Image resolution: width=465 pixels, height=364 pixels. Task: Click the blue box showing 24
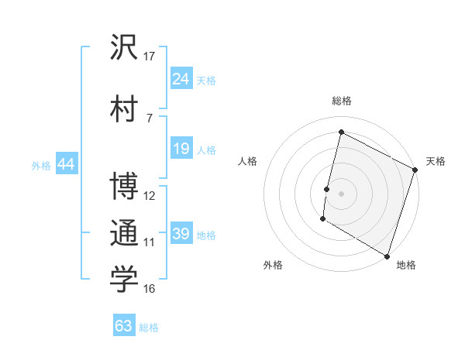pyautogui.click(x=181, y=79)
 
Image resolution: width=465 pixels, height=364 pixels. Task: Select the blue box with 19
pyautogui.click(x=181, y=149)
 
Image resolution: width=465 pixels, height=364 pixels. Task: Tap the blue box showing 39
pyautogui.click(x=181, y=234)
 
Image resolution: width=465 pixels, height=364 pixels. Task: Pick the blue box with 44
pyautogui.click(x=66, y=164)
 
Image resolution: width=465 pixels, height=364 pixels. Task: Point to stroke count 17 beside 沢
pyautogui.click(x=150, y=56)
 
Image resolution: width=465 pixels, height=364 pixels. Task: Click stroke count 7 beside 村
pyautogui.click(x=150, y=118)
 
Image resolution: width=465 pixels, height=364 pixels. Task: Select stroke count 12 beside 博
pyautogui.click(x=150, y=195)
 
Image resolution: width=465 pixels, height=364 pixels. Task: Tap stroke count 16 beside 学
pyautogui.click(x=150, y=288)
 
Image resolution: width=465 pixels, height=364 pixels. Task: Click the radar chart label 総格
pyautogui.click(x=341, y=101)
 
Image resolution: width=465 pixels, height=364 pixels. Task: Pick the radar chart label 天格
pyautogui.click(x=436, y=161)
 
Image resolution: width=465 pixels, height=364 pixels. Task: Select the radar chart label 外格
pyautogui.click(x=273, y=266)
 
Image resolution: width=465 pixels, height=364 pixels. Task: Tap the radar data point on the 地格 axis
pyautogui.click(x=387, y=256)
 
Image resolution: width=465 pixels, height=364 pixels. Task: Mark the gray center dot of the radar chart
pyautogui.click(x=341, y=193)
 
